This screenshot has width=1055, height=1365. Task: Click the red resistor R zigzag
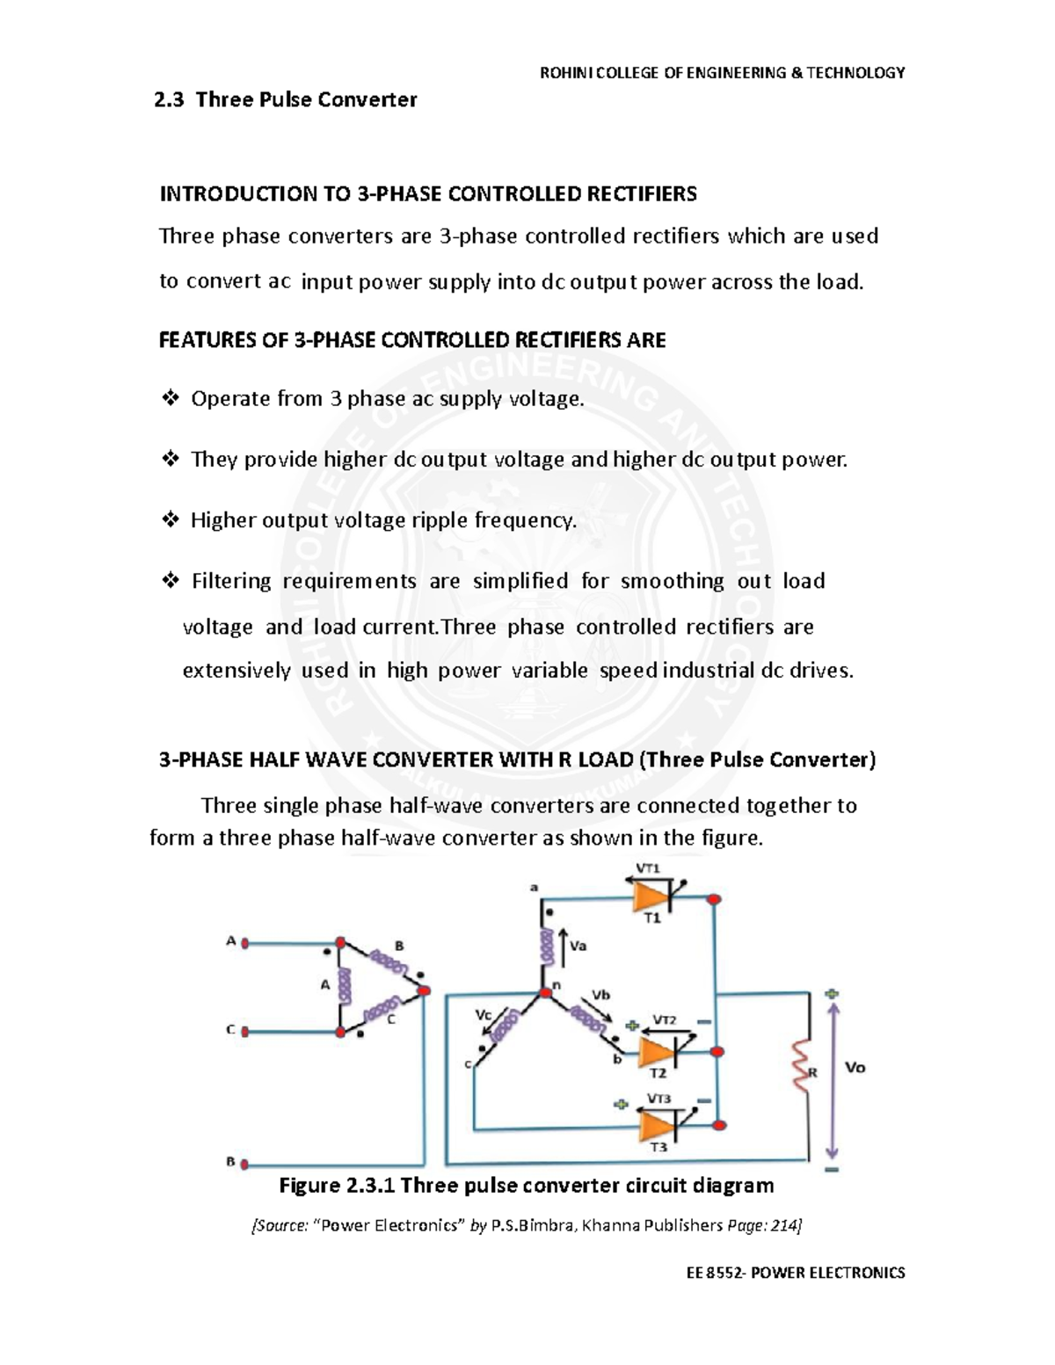click(801, 1066)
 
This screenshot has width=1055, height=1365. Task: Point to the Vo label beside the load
click(855, 1067)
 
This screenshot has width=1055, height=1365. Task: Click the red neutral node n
click(545, 991)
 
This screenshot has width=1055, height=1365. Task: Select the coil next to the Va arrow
click(545, 947)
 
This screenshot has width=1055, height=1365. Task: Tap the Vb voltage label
click(601, 995)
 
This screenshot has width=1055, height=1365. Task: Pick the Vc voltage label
click(484, 1013)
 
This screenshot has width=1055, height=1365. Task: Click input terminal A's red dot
click(246, 943)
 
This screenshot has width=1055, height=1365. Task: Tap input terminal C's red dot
click(246, 1031)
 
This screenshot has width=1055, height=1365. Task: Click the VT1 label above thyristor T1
click(648, 868)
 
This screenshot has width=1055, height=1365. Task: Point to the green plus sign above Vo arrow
click(832, 993)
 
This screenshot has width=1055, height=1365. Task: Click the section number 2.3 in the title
click(169, 99)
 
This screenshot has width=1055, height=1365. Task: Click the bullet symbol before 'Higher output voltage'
click(170, 520)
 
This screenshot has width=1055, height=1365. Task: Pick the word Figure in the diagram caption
click(306, 1186)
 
